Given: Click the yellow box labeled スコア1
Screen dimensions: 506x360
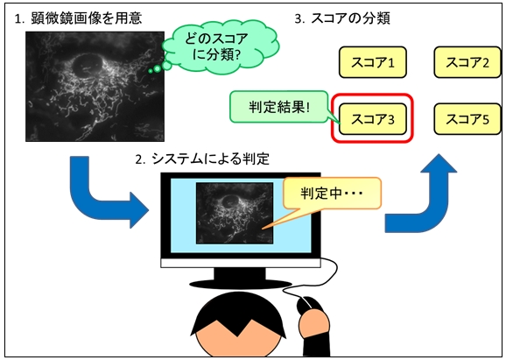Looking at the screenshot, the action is tap(372, 62).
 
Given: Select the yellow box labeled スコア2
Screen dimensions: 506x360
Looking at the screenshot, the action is tap(467, 62).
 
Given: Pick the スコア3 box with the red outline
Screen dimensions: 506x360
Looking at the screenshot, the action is tap(372, 119).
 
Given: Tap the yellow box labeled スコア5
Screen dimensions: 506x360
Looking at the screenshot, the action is tap(467, 119).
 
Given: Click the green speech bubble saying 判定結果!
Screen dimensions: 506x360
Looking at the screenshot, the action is tap(278, 107).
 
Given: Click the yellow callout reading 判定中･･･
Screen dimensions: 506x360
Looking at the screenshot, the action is tap(332, 193).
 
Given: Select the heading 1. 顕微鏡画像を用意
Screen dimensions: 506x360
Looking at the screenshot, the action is tap(78, 18).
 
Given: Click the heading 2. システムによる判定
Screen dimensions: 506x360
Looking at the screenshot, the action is tap(202, 159).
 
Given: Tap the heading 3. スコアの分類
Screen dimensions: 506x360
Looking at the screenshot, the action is tap(342, 18).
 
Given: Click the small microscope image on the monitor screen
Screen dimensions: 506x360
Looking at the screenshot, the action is tap(235, 213).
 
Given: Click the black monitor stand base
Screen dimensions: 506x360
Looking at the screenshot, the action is tap(241, 284).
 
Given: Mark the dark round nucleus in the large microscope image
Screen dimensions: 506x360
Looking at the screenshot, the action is tap(88, 65).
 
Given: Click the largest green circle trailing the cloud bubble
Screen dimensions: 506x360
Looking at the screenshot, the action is tap(166, 66).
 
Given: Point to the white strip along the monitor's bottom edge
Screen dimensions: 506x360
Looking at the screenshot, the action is tap(241, 263).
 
